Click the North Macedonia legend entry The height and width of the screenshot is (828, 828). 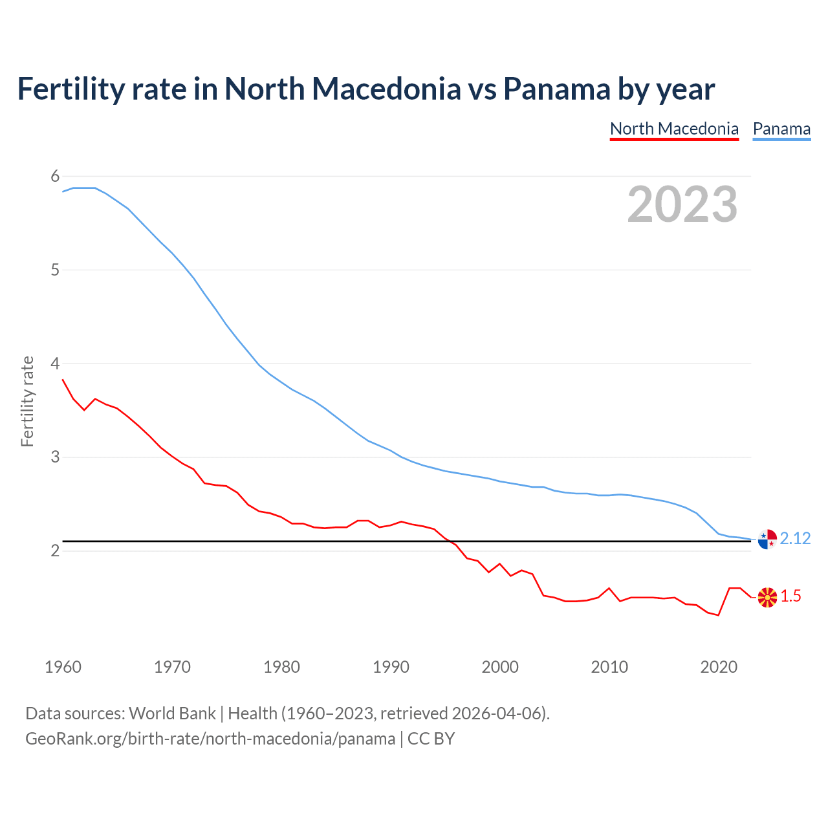(674, 129)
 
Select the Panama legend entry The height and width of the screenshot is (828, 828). (781, 129)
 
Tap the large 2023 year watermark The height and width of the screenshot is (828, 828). (682, 204)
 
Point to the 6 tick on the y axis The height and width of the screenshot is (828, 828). (55, 176)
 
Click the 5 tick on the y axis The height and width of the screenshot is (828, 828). (55, 270)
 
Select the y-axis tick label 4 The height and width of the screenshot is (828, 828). (55, 364)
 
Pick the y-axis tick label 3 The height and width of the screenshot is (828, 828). (55, 457)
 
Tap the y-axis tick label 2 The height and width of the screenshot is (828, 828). (55, 551)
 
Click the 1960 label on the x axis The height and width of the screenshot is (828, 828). (63, 667)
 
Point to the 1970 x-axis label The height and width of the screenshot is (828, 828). (172, 667)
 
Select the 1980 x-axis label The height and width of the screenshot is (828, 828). (281, 667)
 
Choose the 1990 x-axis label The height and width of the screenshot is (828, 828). (391, 667)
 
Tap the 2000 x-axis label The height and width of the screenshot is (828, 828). (500, 667)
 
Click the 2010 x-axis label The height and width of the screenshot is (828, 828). (609, 667)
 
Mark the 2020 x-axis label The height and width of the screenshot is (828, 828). (719, 667)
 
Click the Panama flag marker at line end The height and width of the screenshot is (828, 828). (767, 539)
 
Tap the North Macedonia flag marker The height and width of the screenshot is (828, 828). (767, 597)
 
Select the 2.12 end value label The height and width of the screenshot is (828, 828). (795, 539)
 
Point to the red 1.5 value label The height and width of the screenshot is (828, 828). (790, 596)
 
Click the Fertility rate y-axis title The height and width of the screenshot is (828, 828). (27, 401)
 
